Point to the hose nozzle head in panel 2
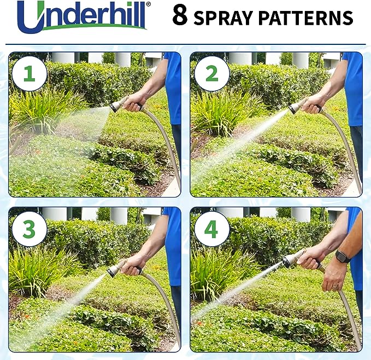pos(296,107)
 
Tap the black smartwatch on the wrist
pos(343,257)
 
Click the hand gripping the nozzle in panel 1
pos(134,102)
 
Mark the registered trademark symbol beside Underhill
pos(149,5)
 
